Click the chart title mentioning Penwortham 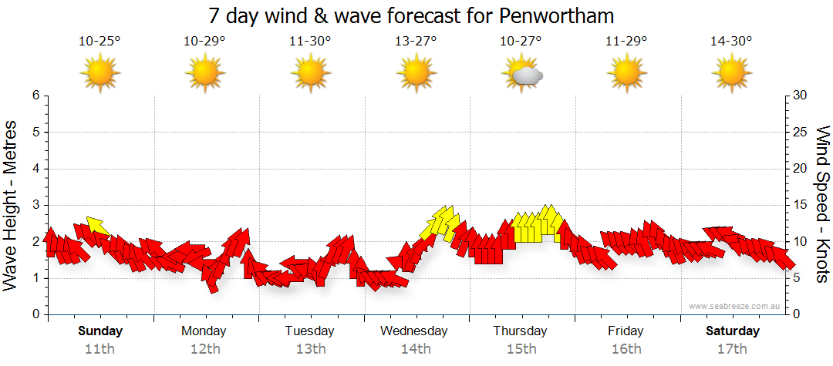411,15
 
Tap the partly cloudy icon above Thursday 523,74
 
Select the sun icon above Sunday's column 100,74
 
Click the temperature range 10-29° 204,41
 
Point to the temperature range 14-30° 731,41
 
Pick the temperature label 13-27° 416,41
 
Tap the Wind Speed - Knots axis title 822,204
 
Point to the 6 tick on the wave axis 35,96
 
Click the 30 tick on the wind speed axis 801,96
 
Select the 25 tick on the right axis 801,132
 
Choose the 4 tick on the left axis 35,169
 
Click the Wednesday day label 414,331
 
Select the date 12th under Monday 204,348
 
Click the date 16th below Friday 626,348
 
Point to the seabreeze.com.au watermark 735,306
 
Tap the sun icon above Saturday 731,74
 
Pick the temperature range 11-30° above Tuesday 310,41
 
